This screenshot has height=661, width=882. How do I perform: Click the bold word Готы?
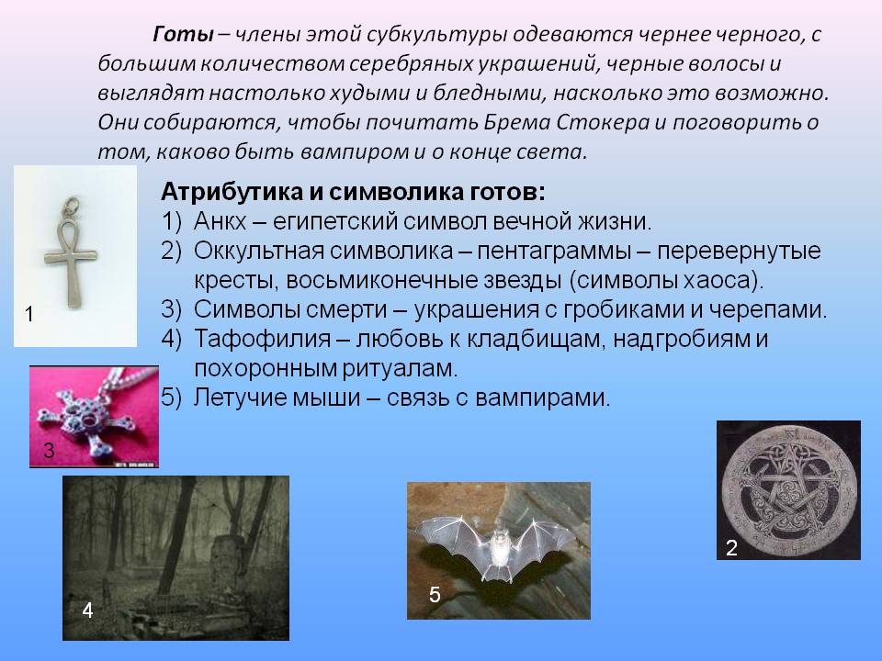[183, 35]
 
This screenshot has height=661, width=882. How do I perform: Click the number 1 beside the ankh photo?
[29, 314]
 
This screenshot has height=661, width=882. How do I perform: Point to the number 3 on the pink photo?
[49, 450]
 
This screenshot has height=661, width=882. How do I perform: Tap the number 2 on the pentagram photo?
[731, 547]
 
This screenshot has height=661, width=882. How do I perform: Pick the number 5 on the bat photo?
[435, 595]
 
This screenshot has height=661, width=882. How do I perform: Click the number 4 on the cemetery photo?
[87, 611]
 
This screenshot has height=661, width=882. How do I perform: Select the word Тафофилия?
[262, 339]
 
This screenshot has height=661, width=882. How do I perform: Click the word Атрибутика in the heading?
[232, 192]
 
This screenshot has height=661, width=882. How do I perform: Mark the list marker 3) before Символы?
[171, 309]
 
